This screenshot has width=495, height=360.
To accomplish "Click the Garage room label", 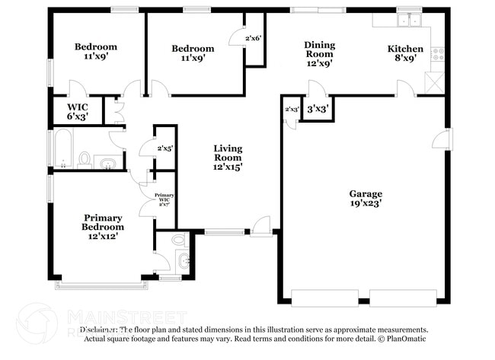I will [x=366, y=193].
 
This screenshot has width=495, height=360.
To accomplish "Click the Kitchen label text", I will [x=405, y=49].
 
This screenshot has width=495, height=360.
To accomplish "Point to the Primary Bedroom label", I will [x=103, y=221].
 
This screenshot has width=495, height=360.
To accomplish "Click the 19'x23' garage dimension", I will [x=366, y=203].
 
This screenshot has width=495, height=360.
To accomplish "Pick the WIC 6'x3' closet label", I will [x=77, y=111].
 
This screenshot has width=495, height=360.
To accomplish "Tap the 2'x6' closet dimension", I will [x=254, y=38].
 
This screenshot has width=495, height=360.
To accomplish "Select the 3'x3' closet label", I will [x=317, y=109].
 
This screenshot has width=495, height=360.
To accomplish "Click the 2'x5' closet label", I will [x=165, y=148].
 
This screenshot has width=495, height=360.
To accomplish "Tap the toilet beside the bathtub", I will [x=85, y=159].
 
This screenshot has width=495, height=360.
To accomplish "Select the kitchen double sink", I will [x=409, y=21].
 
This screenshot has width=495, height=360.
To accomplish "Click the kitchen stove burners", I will [x=438, y=53].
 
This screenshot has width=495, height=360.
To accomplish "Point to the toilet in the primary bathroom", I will [x=178, y=240].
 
